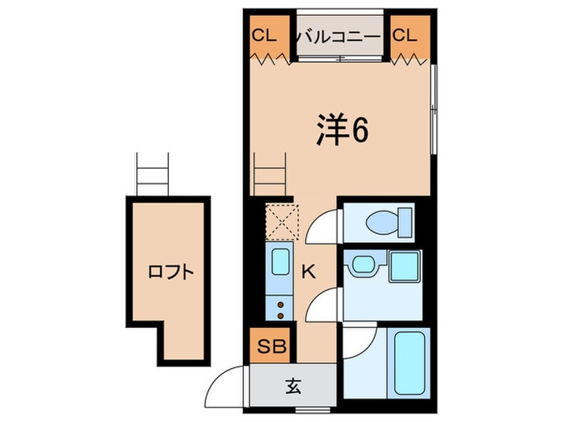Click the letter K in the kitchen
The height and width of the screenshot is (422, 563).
point(308,272)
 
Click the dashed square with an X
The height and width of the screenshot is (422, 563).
point(282,221)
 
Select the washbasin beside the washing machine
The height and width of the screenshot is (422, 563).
point(362,265)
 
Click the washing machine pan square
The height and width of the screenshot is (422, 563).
point(405,266)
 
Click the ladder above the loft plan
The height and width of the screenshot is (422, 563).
point(150,174)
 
